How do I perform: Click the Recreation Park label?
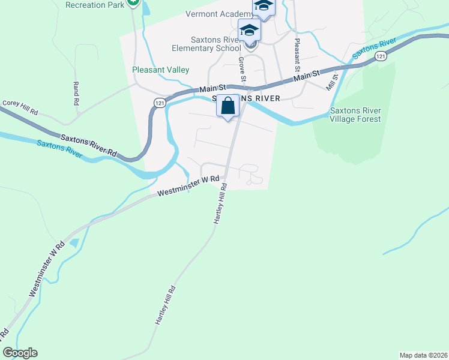(95, 5)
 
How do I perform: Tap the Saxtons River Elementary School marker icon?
(249, 30)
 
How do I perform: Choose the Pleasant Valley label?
(161, 70)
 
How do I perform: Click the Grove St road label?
(243, 69)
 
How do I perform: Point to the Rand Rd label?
(76, 94)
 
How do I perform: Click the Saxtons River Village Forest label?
(355, 115)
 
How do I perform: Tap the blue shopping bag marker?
(228, 106)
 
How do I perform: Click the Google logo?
(20, 353)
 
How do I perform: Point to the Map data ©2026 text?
(424, 355)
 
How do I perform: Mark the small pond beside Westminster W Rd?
(74, 243)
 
